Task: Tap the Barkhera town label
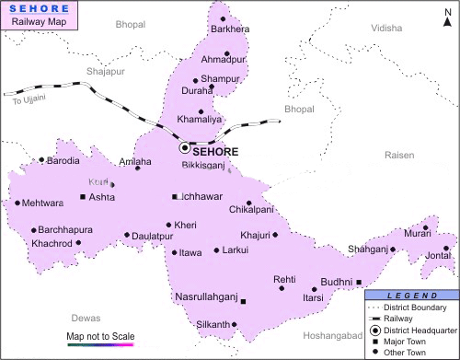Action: coord(230,29)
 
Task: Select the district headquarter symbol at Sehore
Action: coord(184,147)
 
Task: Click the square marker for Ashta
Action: coord(83,197)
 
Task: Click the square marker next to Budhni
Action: coord(359,283)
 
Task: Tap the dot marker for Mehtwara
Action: coord(17,203)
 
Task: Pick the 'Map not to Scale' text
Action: coord(99,335)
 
